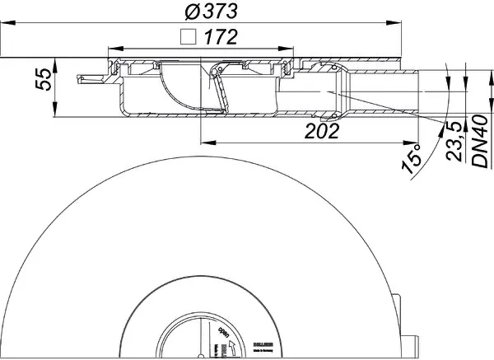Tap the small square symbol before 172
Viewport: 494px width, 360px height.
[188, 37]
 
